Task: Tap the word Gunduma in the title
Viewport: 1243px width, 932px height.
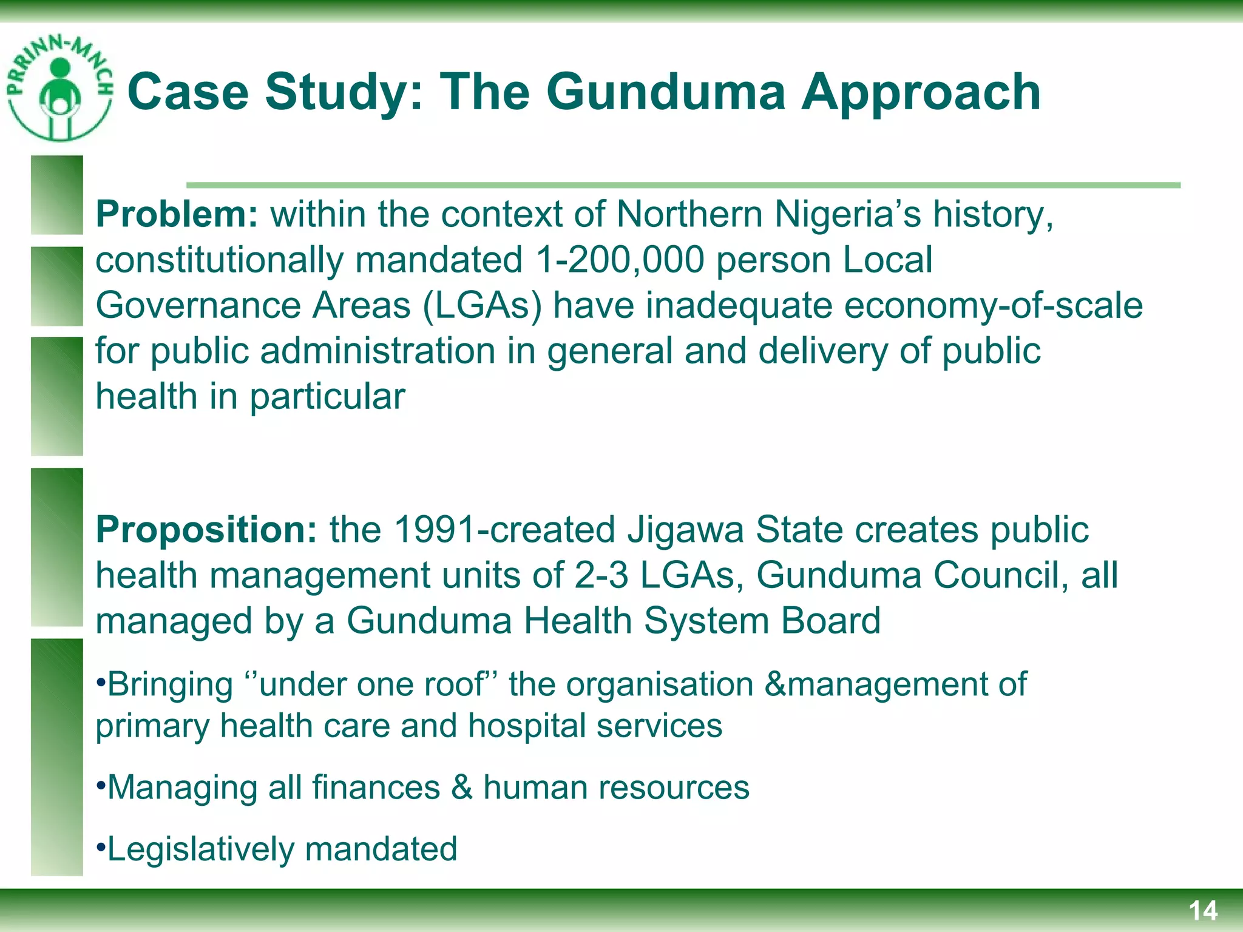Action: (665, 92)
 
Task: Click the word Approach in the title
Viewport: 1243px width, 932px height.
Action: (921, 92)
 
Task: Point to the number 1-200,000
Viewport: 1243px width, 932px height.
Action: (620, 260)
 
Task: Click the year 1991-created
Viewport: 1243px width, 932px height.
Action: (504, 529)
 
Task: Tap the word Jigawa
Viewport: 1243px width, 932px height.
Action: (685, 529)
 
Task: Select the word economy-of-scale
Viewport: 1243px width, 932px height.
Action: (994, 305)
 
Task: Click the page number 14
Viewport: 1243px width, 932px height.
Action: (1202, 911)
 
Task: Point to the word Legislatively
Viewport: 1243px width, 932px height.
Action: (200, 849)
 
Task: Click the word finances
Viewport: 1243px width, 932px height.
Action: (376, 788)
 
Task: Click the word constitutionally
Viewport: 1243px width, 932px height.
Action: (218, 260)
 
